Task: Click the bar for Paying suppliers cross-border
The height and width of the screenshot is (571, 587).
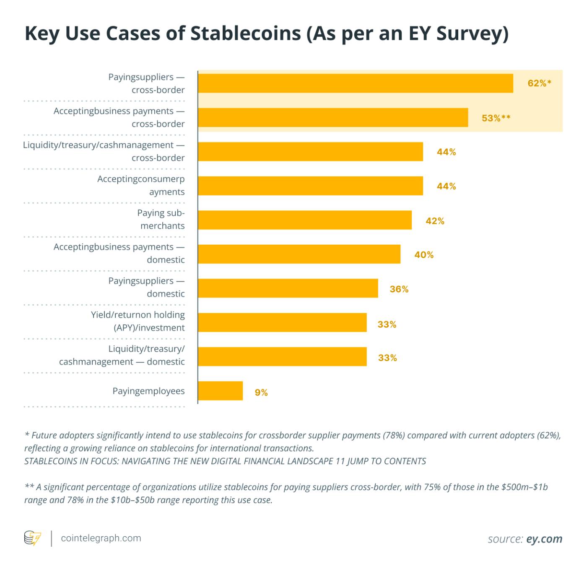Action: coord(355,83)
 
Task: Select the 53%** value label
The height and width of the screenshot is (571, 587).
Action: coord(496,118)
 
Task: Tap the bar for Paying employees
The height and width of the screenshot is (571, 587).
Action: coord(220,391)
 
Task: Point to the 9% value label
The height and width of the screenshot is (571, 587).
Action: coord(261,393)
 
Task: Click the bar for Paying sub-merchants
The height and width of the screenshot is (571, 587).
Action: coord(304,220)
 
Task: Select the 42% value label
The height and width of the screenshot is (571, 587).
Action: coord(435,221)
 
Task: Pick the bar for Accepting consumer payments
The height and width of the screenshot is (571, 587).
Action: coord(310,186)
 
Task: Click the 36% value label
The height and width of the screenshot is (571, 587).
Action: coord(399,289)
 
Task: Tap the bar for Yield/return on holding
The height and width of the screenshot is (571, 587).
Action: coord(282,323)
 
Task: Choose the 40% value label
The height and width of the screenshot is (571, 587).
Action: coord(424,255)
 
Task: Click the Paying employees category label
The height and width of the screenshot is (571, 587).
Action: coord(148,391)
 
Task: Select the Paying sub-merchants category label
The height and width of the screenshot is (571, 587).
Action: coord(161,219)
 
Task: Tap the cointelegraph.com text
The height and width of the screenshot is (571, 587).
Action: coord(101,538)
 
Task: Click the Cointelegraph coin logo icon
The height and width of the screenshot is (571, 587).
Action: coord(32,538)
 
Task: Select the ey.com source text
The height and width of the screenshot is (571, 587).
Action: coord(544,539)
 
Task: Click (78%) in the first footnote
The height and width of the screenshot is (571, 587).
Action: coord(394,435)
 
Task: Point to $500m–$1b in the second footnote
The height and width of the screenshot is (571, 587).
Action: coord(525,487)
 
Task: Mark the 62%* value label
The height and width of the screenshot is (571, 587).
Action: coord(539,83)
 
